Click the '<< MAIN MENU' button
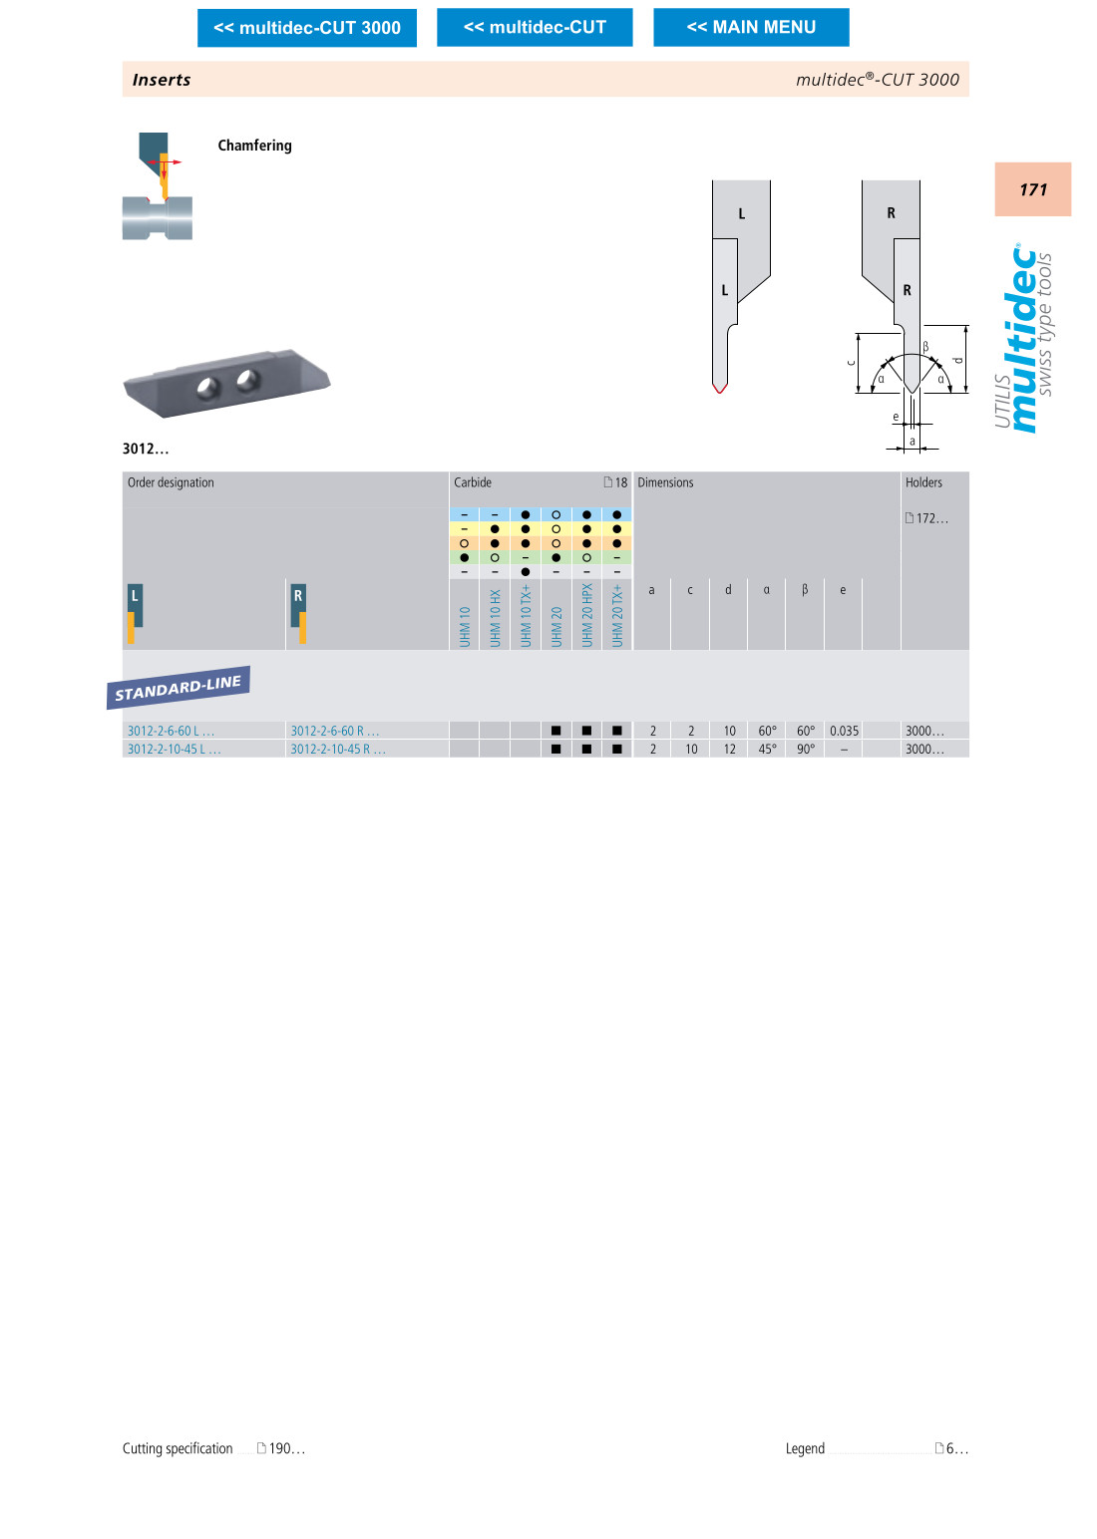[751, 27]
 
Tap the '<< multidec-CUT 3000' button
[307, 28]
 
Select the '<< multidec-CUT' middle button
[535, 27]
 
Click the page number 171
[1033, 189]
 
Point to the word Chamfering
[254, 146]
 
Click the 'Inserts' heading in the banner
[162, 80]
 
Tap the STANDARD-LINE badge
[179, 687]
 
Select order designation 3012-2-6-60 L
[171, 731]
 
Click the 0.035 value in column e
[844, 731]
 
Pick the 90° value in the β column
[806, 750]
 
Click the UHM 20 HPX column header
[586, 615]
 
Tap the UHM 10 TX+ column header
[526, 615]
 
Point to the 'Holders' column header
[923, 482]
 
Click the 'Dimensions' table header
[665, 482]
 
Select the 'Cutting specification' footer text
[178, 1448]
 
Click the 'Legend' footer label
[805, 1448]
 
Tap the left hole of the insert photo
[207, 387]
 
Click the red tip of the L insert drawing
[720, 388]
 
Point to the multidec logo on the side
[1024, 339]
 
